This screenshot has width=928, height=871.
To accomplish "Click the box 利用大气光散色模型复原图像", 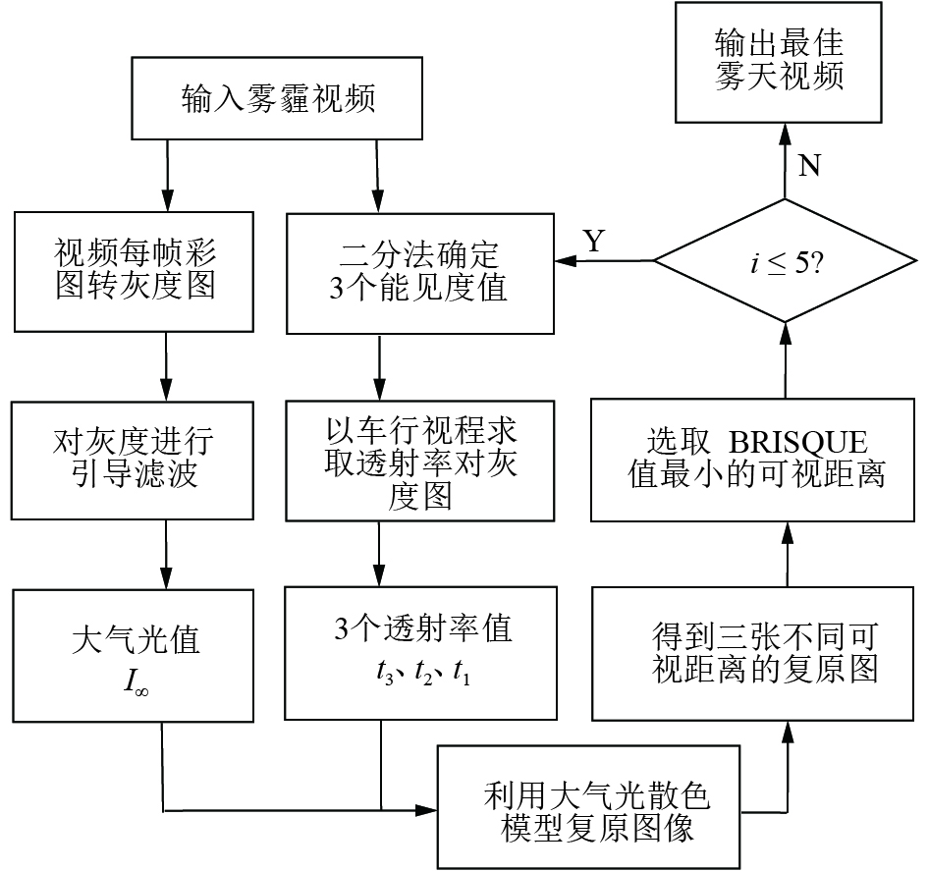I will click(x=589, y=808).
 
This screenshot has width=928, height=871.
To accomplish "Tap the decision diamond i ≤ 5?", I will click(x=784, y=262).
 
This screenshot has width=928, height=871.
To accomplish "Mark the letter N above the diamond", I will click(x=808, y=166).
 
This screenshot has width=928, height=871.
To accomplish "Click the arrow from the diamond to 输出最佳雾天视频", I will click(x=785, y=162).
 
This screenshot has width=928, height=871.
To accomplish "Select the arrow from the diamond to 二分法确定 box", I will click(x=603, y=261).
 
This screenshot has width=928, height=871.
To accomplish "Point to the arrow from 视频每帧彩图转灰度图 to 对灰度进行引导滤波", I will click(x=167, y=364).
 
